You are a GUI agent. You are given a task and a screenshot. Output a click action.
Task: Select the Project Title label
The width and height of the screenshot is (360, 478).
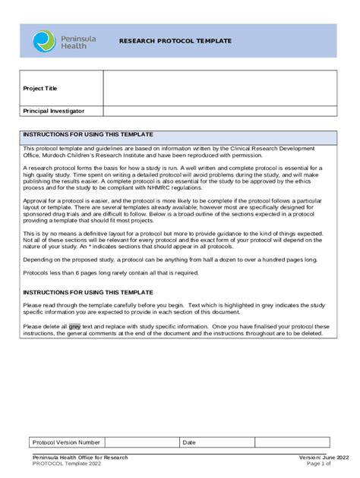pos(40,88)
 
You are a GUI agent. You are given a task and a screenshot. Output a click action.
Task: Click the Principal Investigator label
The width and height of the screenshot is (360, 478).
pos(60,111)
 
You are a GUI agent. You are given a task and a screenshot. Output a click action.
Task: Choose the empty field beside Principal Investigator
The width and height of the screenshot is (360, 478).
pos(220,111)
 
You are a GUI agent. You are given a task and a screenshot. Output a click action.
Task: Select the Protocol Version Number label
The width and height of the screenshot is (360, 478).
pos(65,442)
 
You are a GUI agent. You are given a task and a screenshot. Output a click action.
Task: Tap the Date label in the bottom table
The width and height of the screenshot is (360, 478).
pos(189,442)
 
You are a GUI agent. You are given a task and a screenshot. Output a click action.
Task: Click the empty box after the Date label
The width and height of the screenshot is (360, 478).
pos(292,442)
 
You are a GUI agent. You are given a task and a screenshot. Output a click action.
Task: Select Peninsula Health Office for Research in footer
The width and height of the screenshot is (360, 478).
pos(80,458)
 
